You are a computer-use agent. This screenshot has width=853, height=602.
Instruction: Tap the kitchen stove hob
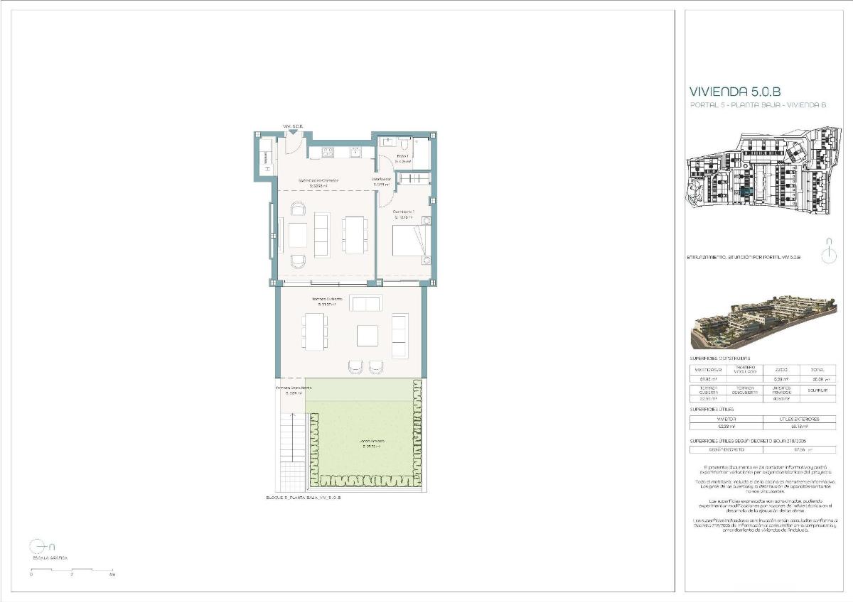click(x=329, y=151)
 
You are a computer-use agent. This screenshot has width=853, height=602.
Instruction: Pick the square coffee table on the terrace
click(x=367, y=335)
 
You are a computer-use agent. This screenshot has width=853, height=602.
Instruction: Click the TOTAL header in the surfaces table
click(x=817, y=370)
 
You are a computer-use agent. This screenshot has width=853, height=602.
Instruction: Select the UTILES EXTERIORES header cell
click(x=800, y=419)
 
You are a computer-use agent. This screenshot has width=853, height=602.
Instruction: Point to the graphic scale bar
click(x=71, y=570)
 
